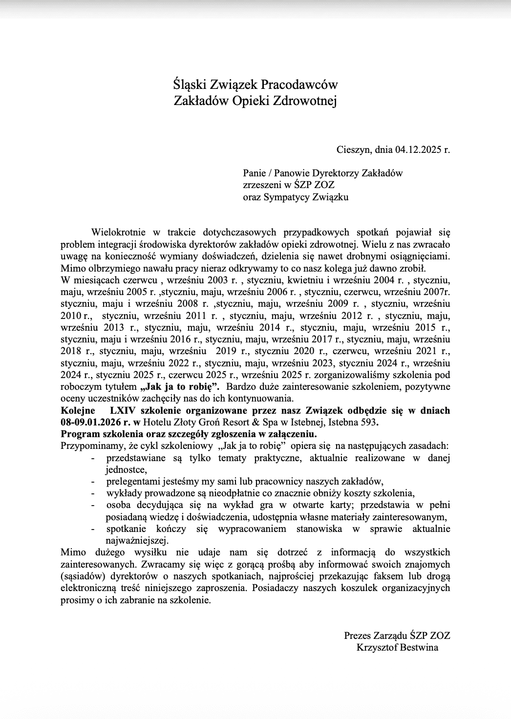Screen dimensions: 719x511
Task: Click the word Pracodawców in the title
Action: [x=299, y=85]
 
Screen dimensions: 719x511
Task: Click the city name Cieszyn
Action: [x=354, y=149]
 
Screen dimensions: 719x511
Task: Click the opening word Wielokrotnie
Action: [x=118, y=233]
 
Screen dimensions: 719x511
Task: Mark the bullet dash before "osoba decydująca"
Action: [x=93, y=505]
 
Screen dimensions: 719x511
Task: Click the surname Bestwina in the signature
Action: [x=419, y=648]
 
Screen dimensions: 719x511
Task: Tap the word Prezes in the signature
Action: [x=358, y=635]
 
